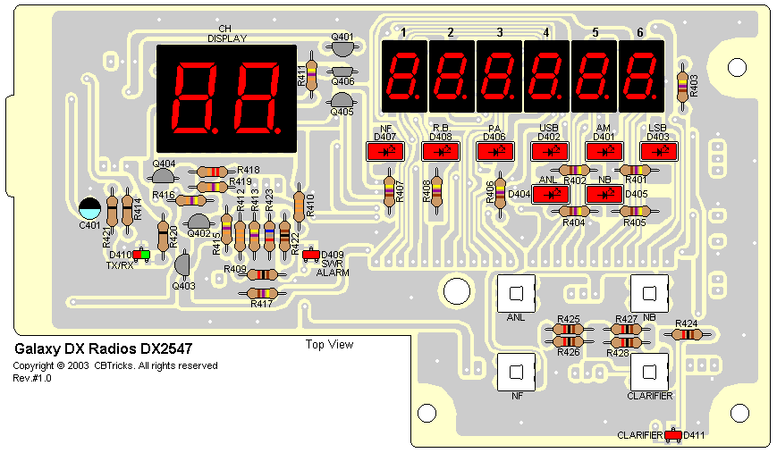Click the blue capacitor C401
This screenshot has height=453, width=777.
pos(89,208)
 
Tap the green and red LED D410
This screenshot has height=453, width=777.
pos(140,256)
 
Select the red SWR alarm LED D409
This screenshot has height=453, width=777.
pos(311,255)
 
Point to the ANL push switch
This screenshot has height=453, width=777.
pos(515,292)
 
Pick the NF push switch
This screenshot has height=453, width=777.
pos(515,373)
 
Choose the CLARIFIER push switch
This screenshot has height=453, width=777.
pos(650,373)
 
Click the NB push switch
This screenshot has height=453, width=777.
pos(650,292)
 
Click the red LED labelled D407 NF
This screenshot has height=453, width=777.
pos(387,152)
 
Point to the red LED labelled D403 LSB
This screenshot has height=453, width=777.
pos(659,152)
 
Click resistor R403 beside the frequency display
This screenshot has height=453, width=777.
pos(683,85)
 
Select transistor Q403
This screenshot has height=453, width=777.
pos(182,264)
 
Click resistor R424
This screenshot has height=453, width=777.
pos(687,334)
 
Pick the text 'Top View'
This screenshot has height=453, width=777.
pos(329,345)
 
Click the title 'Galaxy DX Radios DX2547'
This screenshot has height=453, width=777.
pos(103,348)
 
